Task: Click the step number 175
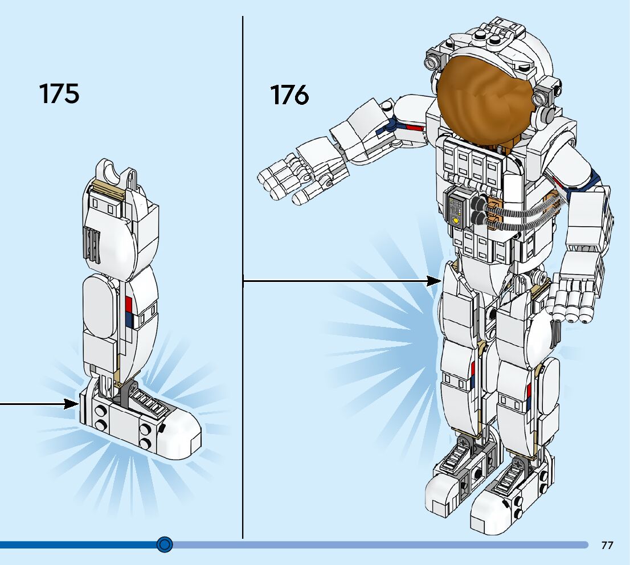(x=59, y=93)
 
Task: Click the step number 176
(x=290, y=95)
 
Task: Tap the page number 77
(x=607, y=545)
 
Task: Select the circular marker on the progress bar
(x=165, y=544)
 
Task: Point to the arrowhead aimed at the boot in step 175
(x=71, y=404)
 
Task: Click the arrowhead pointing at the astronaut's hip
(x=435, y=280)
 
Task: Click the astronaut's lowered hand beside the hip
(x=575, y=297)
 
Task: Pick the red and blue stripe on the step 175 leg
(x=128, y=312)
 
